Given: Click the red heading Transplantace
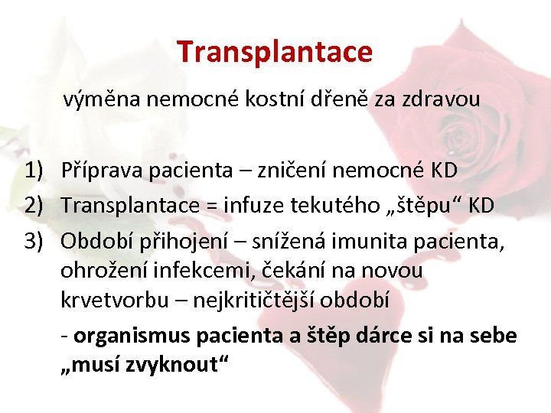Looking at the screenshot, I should point(275,52).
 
